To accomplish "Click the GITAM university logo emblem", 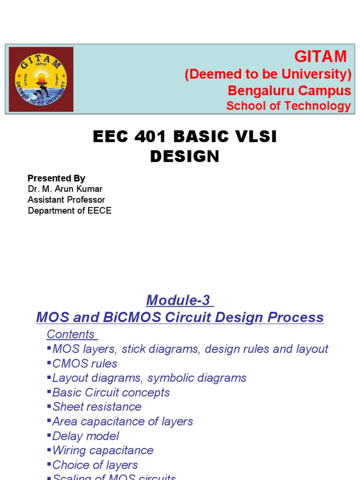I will (41, 79).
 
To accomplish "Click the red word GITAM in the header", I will (320, 57).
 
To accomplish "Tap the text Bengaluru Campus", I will (289, 90).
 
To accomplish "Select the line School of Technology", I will (288, 106).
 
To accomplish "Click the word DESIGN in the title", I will (185, 157).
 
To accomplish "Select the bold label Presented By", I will (56, 178).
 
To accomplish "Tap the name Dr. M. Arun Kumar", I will (65, 189).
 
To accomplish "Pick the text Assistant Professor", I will (66, 200).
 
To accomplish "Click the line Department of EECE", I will (69, 210).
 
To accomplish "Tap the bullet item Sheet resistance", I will (97, 407).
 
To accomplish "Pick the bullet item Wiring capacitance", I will (103, 450).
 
